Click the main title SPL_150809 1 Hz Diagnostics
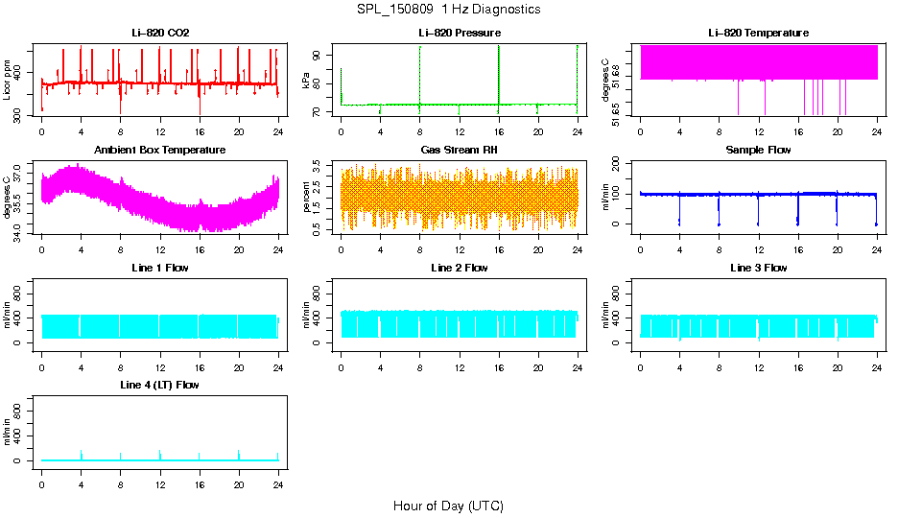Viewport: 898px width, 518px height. click(x=448, y=10)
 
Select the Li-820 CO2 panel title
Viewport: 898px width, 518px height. click(x=160, y=34)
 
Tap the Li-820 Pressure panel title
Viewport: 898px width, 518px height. click(x=459, y=34)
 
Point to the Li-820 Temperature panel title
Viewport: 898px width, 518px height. click(x=758, y=34)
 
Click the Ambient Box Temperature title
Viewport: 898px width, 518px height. click(x=160, y=151)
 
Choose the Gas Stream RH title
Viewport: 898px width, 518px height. click(x=459, y=151)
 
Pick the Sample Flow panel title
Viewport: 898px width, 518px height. click(x=758, y=151)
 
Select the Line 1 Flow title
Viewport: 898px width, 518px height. click(x=160, y=268)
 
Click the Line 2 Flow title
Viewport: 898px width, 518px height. click(x=459, y=268)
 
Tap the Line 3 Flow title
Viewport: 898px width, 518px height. click(x=758, y=268)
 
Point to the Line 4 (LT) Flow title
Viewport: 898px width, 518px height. click(x=160, y=385)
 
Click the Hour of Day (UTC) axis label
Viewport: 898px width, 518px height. click(x=448, y=506)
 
